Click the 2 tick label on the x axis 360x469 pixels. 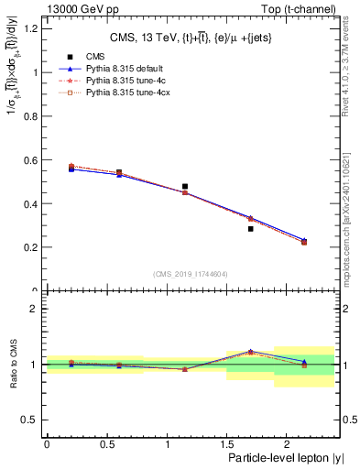[x=287, y=443]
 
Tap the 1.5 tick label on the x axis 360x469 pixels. [x=226, y=443]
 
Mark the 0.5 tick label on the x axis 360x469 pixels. [x=106, y=443]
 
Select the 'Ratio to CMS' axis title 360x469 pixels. [x=12, y=364]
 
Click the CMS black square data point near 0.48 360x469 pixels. [x=185, y=187]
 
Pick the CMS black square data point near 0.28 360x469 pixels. [x=250, y=229]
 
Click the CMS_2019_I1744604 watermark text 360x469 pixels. [x=191, y=274]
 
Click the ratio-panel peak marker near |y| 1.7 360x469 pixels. [x=250, y=351]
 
